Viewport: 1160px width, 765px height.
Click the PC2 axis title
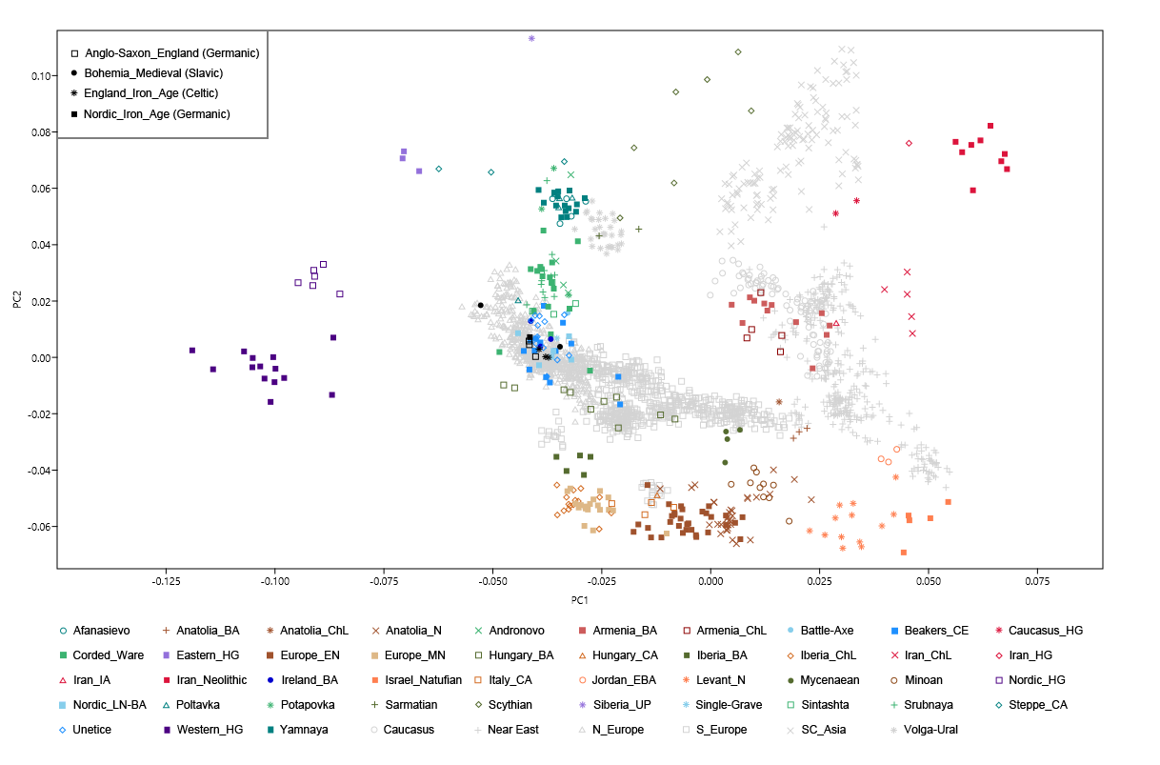point(18,300)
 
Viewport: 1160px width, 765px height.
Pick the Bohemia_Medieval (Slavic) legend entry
point(153,73)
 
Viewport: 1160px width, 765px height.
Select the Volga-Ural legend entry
point(928,730)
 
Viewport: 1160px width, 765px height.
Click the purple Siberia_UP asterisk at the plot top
point(531,38)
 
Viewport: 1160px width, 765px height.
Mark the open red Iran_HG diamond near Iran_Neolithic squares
point(909,143)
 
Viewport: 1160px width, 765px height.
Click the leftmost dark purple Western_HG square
point(192,351)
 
